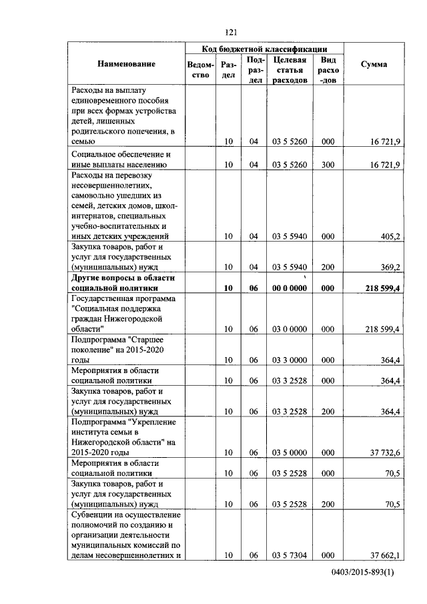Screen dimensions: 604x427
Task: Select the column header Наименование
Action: tap(126, 64)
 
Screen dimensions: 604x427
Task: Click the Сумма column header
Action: tap(374, 64)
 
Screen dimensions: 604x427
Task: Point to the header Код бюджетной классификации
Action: tap(264, 49)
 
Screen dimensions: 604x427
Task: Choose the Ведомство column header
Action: tap(201, 70)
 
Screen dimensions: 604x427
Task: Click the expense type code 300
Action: tap(328, 164)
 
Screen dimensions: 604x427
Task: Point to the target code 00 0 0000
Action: tap(289, 288)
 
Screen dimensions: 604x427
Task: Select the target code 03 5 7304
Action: tap(289, 555)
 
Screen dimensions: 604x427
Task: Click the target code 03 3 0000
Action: tap(289, 360)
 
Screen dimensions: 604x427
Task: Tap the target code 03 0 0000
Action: tap(289, 329)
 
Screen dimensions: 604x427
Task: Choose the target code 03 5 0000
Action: tap(289, 452)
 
